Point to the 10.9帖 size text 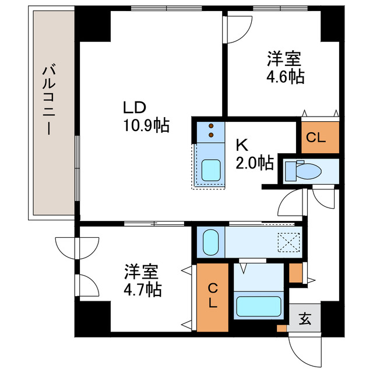point(146,125)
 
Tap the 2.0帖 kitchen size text point(255,163)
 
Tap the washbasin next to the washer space point(210,242)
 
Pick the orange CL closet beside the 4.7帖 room point(213,296)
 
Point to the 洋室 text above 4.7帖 point(143,271)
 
